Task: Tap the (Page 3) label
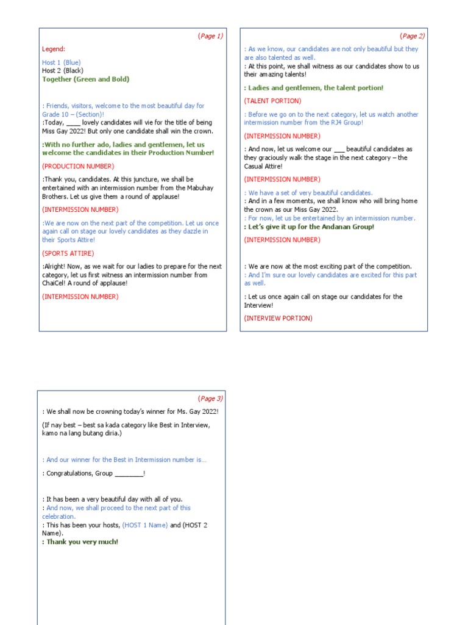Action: tap(210, 399)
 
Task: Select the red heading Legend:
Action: tap(54, 49)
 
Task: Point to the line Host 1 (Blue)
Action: tap(61, 62)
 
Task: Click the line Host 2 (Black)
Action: tap(63, 71)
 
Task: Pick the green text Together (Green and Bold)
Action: tap(85, 79)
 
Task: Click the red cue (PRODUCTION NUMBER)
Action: tap(78, 166)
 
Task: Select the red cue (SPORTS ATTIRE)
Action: tap(68, 253)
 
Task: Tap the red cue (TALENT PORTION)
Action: tap(272, 101)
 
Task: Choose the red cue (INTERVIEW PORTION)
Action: tap(278, 318)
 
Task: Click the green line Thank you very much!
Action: tap(82, 542)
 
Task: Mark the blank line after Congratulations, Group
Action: tap(129, 474)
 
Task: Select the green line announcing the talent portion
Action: tap(314, 88)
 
